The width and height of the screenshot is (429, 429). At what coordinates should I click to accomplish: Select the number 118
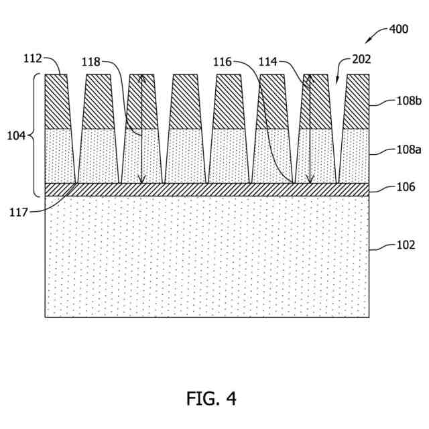(x=90, y=62)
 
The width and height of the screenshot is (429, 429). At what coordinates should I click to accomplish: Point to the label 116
(x=223, y=62)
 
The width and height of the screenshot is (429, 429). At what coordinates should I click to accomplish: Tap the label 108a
(x=408, y=151)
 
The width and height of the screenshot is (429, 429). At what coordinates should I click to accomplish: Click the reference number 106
(x=406, y=188)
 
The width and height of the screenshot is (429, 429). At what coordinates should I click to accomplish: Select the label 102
(x=406, y=246)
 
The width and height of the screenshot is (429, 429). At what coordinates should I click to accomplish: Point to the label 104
(x=16, y=135)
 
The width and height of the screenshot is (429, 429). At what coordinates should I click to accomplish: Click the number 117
(x=18, y=212)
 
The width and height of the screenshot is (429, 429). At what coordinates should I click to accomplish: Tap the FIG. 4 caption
(x=211, y=399)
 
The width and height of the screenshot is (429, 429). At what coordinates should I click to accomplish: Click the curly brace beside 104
(x=36, y=134)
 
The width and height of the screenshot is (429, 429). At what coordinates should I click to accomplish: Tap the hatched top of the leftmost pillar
(x=56, y=101)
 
